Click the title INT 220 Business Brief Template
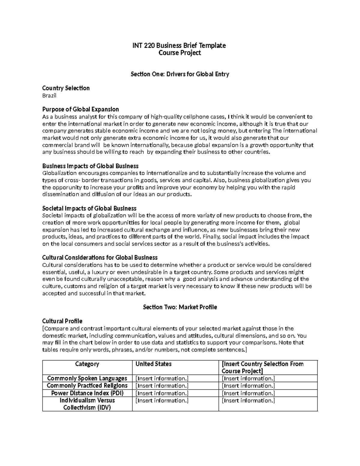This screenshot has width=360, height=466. (179, 46)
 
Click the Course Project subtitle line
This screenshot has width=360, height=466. (179, 53)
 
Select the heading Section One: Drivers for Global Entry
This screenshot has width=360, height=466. (180, 74)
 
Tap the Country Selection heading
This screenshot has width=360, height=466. (66, 88)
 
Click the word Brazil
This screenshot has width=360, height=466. (49, 96)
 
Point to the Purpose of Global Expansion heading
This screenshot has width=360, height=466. (80, 109)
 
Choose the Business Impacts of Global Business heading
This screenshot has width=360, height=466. (90, 166)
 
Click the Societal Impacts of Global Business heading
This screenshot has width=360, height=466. (89, 208)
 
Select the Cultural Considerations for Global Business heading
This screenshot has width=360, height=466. (100, 257)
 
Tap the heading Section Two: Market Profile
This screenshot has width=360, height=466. (180, 307)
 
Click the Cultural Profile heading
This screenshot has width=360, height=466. (62, 321)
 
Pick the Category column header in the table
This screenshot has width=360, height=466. (87, 364)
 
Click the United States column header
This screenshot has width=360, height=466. (154, 364)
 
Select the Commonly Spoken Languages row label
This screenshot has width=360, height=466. (87, 378)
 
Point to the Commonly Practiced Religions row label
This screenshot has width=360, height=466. (87, 386)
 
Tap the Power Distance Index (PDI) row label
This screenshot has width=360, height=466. (87, 393)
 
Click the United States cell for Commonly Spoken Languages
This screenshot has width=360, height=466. (162, 378)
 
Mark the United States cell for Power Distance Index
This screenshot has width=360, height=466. (162, 393)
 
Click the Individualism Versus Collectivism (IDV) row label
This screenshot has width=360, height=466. (87, 404)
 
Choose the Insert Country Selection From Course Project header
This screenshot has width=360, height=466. (262, 367)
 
